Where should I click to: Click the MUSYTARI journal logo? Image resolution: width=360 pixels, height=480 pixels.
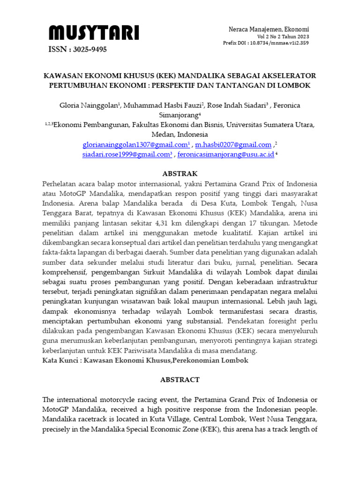(x=94, y=33)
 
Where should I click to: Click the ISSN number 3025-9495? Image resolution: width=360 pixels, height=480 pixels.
(x=78, y=49)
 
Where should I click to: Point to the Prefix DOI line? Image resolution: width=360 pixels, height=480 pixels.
(x=266, y=43)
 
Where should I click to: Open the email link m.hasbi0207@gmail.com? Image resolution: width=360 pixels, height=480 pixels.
(x=233, y=145)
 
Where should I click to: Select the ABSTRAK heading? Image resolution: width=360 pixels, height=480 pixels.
(x=180, y=173)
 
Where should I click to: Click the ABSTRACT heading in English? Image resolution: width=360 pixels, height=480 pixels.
(x=180, y=380)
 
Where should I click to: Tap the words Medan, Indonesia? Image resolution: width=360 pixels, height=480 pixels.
(x=180, y=135)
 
